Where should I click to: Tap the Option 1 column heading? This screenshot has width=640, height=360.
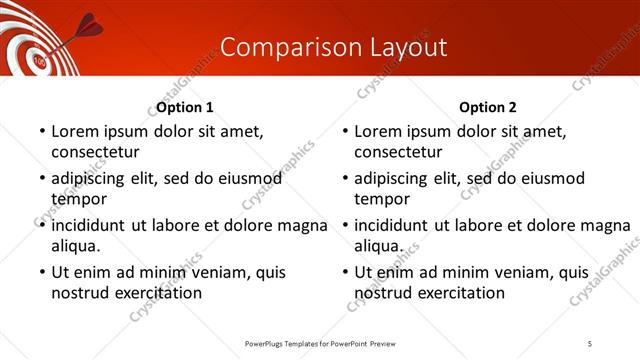click(x=185, y=107)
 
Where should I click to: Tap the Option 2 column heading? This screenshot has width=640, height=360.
click(x=488, y=107)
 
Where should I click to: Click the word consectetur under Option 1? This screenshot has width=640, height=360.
click(x=95, y=152)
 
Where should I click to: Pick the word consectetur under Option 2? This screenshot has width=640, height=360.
click(x=398, y=152)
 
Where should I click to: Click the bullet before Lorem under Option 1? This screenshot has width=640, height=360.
click(x=41, y=132)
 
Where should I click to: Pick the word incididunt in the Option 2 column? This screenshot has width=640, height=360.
click(x=391, y=224)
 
